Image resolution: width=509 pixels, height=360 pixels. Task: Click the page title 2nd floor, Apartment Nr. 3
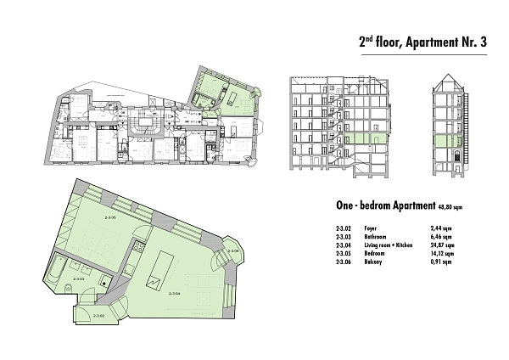(x=420, y=41)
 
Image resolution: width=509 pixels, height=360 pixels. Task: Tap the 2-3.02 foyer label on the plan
(x=98, y=317)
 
